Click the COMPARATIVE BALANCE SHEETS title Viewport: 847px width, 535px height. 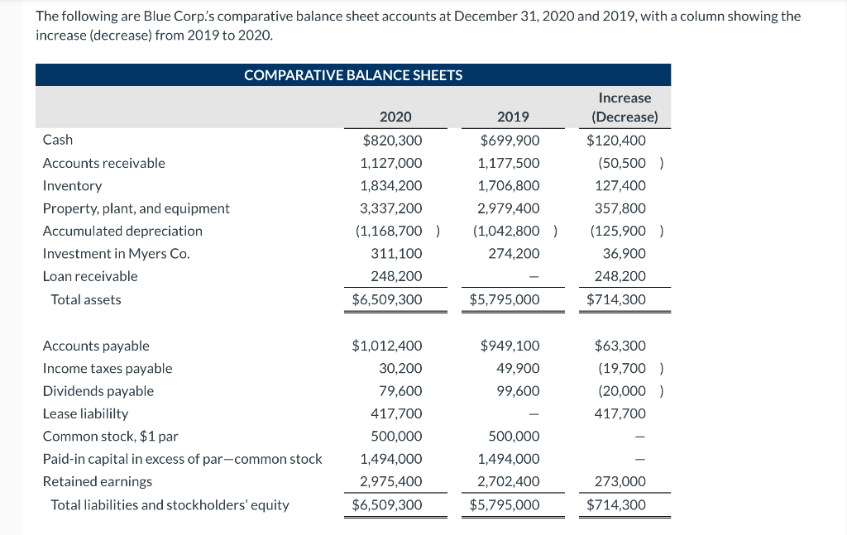pyautogui.click(x=353, y=75)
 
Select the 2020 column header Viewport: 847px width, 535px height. pyautogui.click(x=395, y=117)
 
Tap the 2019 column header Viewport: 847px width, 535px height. pyautogui.click(x=513, y=117)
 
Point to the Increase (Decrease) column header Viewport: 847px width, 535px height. pyautogui.click(x=625, y=107)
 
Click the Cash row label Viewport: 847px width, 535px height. pyautogui.click(x=58, y=140)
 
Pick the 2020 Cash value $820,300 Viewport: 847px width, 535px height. pyautogui.click(x=393, y=141)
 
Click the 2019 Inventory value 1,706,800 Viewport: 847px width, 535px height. pyautogui.click(x=509, y=186)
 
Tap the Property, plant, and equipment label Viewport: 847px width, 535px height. pyautogui.click(x=136, y=208)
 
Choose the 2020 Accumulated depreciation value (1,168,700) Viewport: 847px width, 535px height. pyautogui.click(x=398, y=231)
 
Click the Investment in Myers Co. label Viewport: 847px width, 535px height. pyautogui.click(x=116, y=254)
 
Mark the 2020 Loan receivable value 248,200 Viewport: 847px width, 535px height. pyautogui.click(x=396, y=276)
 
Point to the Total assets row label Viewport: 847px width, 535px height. pyautogui.click(x=86, y=299)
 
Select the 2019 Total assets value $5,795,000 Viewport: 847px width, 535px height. pyautogui.click(x=505, y=299)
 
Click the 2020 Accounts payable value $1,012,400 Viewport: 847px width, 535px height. pyautogui.click(x=387, y=346)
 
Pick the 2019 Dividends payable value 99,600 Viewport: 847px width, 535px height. pyautogui.click(x=518, y=391)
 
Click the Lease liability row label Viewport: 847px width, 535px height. pyautogui.click(x=85, y=413)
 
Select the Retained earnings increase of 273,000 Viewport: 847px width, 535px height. pyautogui.click(x=620, y=481)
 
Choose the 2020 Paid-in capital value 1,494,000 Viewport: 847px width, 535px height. pyautogui.click(x=391, y=459)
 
